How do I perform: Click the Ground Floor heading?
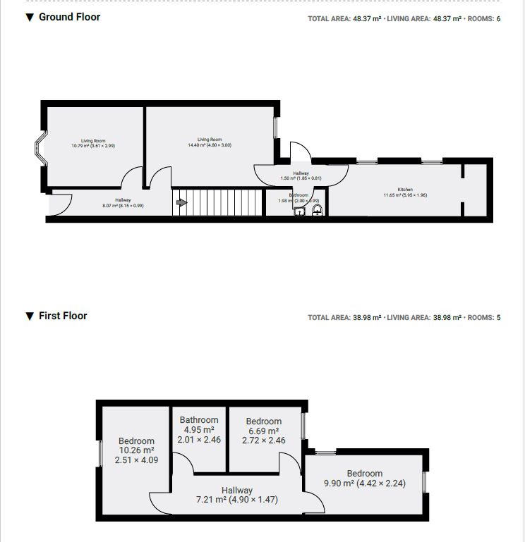tap(69, 17)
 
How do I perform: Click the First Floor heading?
tap(63, 316)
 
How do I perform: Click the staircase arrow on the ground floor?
tap(181, 203)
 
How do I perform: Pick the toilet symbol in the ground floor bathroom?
tap(315, 209)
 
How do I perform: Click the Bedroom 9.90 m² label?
tap(364, 479)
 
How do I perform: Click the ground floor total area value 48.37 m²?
tap(366, 19)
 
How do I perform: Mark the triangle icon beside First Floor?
tap(30, 316)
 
